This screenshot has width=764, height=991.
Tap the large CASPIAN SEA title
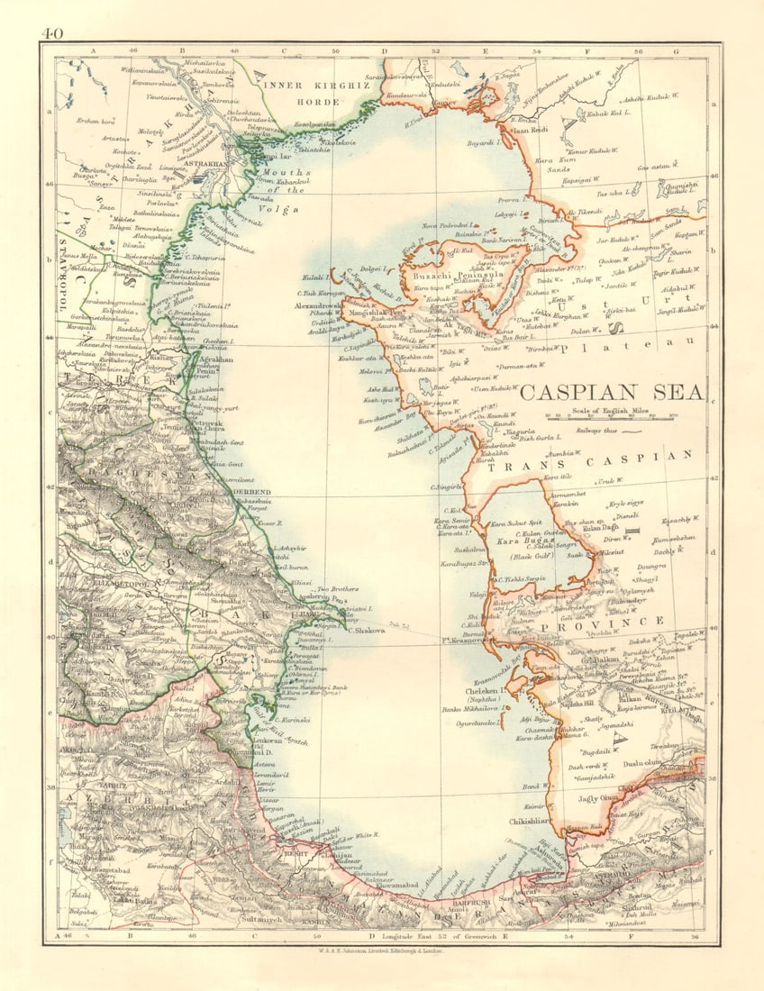click(x=614, y=392)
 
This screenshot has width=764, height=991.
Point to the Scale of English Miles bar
click(x=614, y=417)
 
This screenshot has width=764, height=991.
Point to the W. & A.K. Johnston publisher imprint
click(x=381, y=950)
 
